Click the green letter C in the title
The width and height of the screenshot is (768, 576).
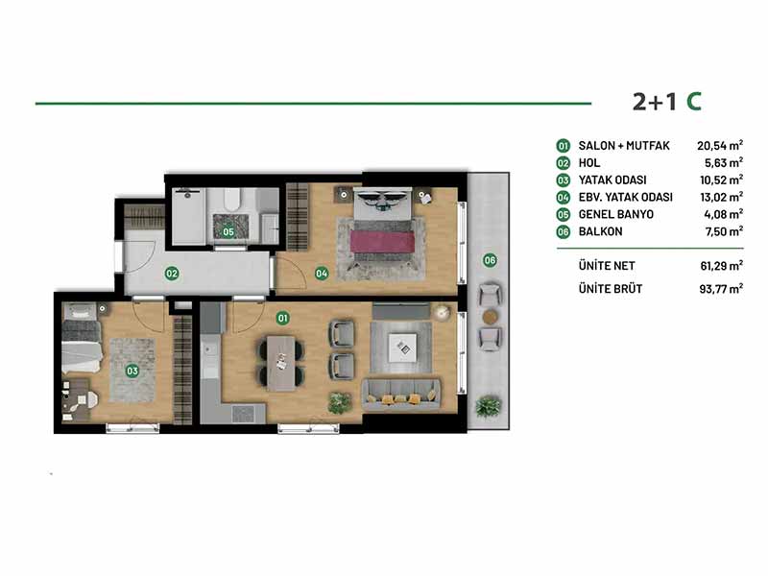pos(693,102)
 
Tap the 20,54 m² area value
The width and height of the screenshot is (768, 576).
pos(720,146)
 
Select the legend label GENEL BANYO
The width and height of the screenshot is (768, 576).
pos(615,214)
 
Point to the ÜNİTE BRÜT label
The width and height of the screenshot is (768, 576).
pos(611,289)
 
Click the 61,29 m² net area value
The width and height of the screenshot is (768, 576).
pos(722,266)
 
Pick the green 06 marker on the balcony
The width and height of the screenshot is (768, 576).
pos(490,260)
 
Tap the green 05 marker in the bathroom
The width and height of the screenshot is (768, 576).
pos(228,231)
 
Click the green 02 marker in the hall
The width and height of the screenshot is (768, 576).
pos(172,274)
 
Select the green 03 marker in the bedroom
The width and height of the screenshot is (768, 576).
pos(132,371)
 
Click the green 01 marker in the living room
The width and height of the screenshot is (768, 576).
pos(282,319)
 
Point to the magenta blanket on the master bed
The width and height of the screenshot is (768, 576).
pos(382,242)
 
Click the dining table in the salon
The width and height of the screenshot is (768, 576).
pos(281,363)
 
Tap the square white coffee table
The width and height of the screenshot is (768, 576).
pos(402,348)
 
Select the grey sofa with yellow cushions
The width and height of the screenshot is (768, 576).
pos(401,395)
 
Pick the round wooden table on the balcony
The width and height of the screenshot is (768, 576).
pos(490,317)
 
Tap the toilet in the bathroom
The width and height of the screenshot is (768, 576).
pos(231,199)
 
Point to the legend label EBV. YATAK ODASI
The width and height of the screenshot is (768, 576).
pos(626,198)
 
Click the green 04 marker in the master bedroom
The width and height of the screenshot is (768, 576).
pos(322,274)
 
